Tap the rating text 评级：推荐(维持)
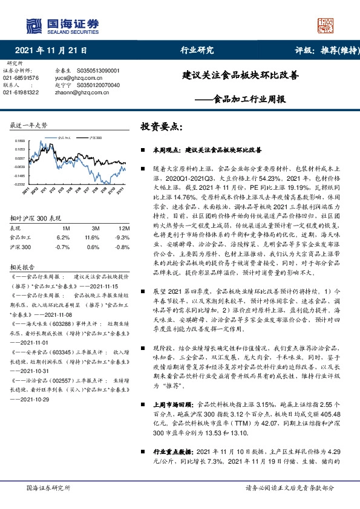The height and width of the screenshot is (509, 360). click(321, 50)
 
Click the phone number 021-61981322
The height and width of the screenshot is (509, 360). click(21, 92)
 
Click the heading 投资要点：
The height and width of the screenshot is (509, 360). click(161, 128)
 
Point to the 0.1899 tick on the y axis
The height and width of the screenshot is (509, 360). click(20, 140)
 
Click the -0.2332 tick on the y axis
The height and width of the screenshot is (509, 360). click(20, 184)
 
